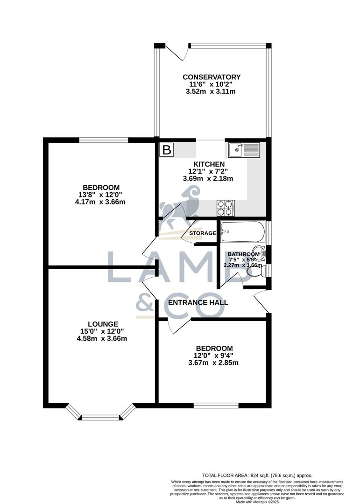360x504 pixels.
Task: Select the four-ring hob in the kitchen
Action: point(226,207)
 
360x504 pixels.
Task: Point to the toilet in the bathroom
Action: point(256,279)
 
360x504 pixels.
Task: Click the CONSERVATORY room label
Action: point(212,77)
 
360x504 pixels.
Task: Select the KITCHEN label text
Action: point(210,164)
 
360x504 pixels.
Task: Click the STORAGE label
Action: point(203,233)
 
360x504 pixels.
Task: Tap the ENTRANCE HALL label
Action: point(198,302)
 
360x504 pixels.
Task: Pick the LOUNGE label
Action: point(103,324)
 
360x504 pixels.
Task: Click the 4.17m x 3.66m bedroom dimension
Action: point(102,202)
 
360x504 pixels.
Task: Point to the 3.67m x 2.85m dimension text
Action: point(213,363)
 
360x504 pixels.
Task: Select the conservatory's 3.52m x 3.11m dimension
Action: point(212,91)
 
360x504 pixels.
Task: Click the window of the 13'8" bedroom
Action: point(103,139)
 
